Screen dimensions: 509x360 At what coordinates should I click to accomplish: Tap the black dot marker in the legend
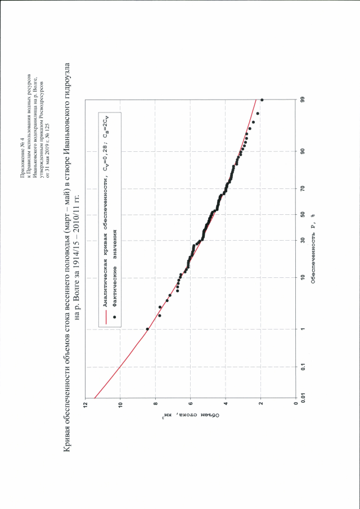[x=114, y=317]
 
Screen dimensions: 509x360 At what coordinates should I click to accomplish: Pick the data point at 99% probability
[x=262, y=100]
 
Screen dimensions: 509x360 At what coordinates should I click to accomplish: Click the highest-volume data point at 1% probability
[x=147, y=329]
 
